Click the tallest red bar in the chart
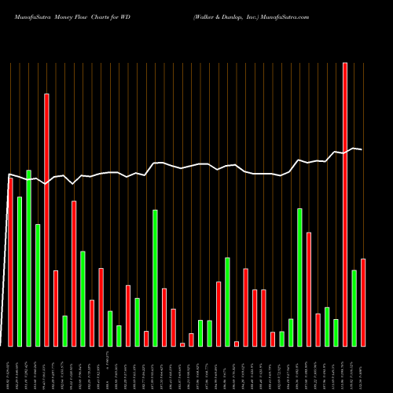pyautogui.click(x=345, y=204)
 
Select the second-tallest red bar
pyautogui.click(x=46, y=220)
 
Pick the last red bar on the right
pyautogui.click(x=363, y=303)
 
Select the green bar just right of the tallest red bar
pyautogui.click(x=354, y=308)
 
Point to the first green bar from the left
pyautogui.click(x=20, y=271)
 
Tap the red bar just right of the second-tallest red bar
pyautogui.click(x=56, y=308)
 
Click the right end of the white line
pyautogui.click(x=362, y=149)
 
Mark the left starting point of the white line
pyautogui.click(x=9, y=174)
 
